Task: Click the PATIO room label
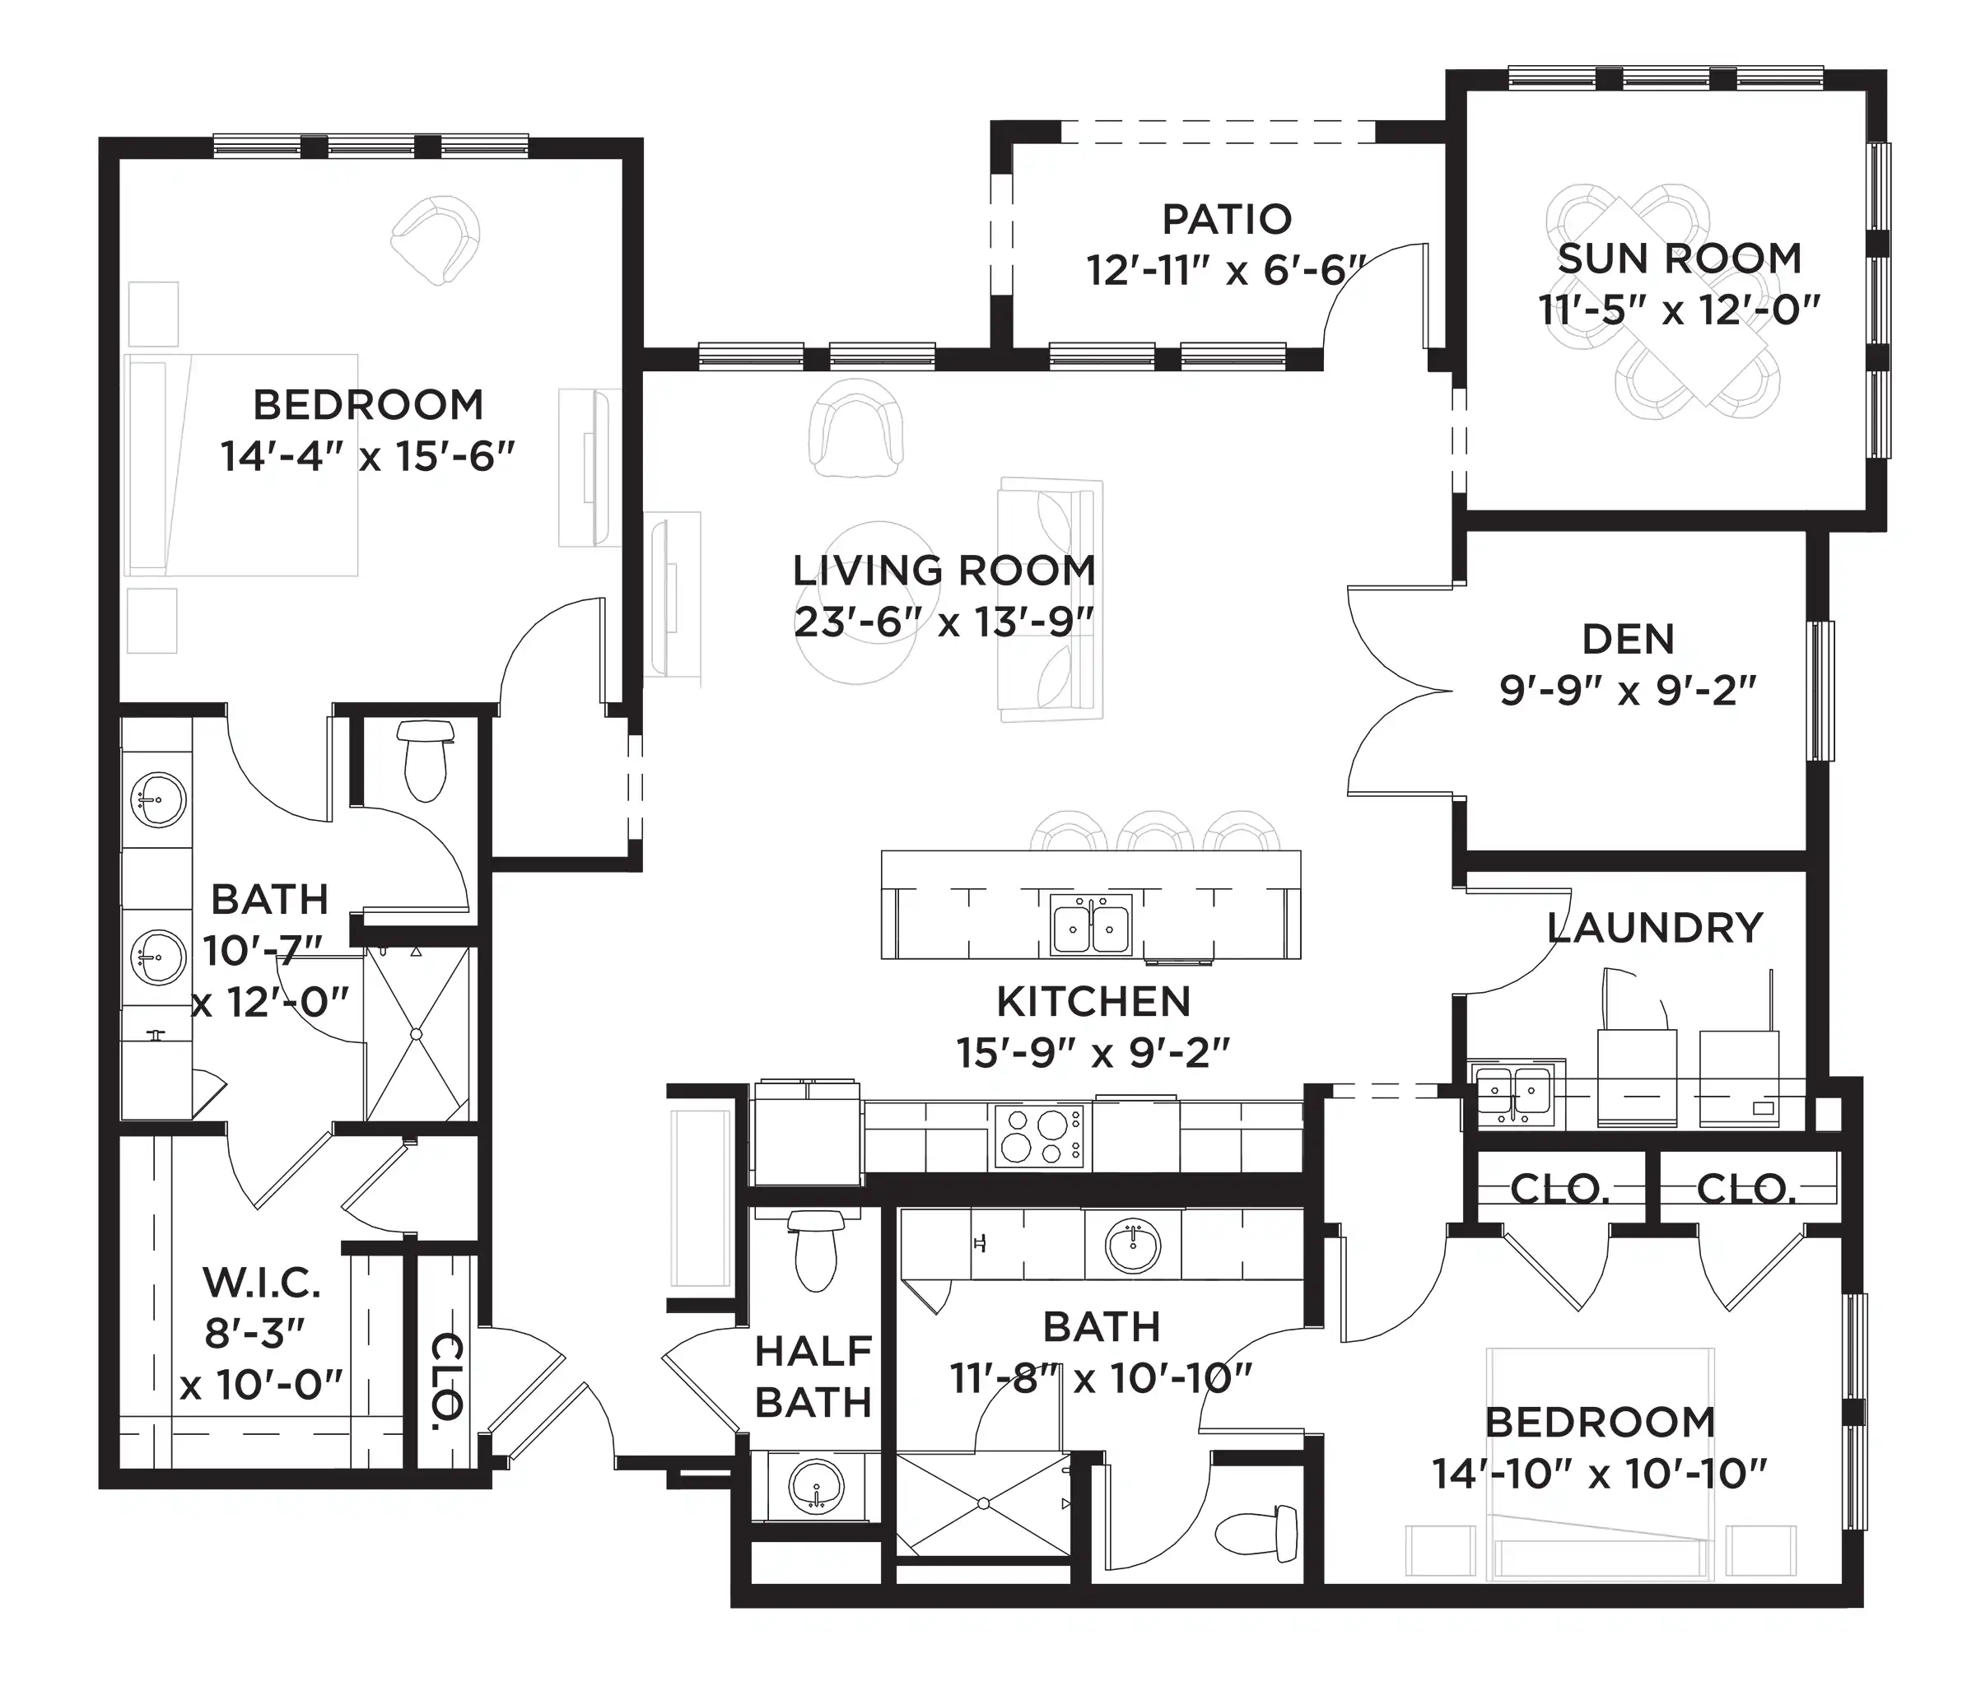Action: click(x=1227, y=219)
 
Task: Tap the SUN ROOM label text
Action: click(x=1680, y=259)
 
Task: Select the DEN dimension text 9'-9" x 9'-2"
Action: click(x=1628, y=691)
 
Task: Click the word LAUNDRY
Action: click(x=1655, y=928)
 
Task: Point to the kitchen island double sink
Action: click(x=1091, y=925)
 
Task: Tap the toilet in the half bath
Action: click(x=814, y=1251)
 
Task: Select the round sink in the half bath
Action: click(x=817, y=1485)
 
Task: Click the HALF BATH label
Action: click(x=813, y=1377)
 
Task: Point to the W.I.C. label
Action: click(x=261, y=1283)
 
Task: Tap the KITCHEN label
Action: click(x=1094, y=1001)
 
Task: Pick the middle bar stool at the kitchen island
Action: click(x=1155, y=831)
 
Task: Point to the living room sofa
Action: click(x=1050, y=600)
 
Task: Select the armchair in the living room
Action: click(x=855, y=427)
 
